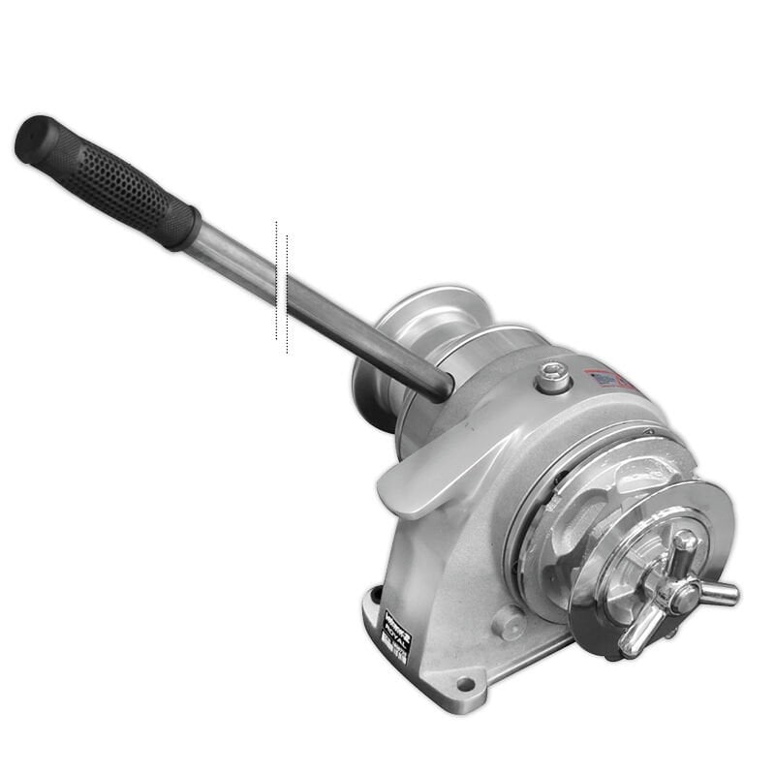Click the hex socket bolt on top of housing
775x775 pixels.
(x=553, y=375)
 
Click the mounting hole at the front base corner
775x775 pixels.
(x=465, y=684)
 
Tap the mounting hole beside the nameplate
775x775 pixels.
(x=375, y=594)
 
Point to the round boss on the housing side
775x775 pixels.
(x=508, y=621)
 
